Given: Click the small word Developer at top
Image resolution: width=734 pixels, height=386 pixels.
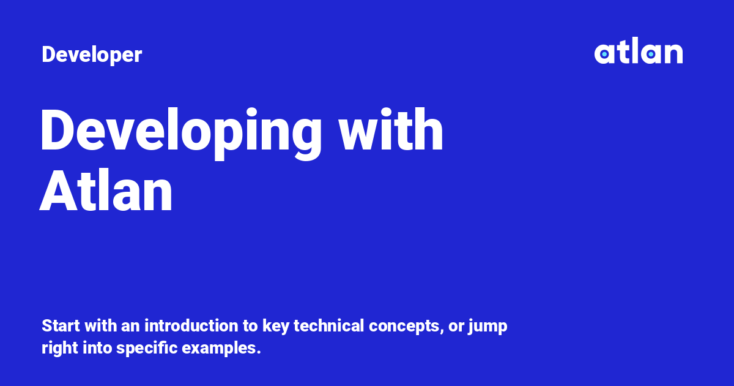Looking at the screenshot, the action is click(92, 55).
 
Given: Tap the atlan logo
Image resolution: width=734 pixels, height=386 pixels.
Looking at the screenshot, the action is click(639, 50).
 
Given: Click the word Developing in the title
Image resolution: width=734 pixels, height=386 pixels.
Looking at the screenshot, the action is click(180, 133).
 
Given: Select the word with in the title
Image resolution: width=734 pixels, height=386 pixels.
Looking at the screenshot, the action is click(391, 129).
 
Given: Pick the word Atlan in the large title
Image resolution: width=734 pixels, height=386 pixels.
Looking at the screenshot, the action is click(106, 191).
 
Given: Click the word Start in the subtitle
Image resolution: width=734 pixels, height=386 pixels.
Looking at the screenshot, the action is click(61, 325).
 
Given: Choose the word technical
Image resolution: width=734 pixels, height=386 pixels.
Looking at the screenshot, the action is click(328, 325).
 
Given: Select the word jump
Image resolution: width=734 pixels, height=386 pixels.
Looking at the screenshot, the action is click(487, 327).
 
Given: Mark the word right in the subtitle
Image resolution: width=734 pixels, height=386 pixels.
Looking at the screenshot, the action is click(60, 349).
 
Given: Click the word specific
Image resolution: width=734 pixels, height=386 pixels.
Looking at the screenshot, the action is click(147, 349).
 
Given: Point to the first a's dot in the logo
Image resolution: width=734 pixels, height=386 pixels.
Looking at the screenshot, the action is click(604, 54).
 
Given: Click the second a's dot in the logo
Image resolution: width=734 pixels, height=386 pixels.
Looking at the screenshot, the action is click(651, 54).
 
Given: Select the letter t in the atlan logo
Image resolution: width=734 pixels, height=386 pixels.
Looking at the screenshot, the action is click(622, 51).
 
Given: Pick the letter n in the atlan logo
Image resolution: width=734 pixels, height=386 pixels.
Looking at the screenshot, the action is click(673, 53).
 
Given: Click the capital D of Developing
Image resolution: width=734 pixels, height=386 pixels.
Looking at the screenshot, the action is click(57, 129).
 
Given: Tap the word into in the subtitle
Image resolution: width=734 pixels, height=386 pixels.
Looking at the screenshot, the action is click(97, 348).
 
